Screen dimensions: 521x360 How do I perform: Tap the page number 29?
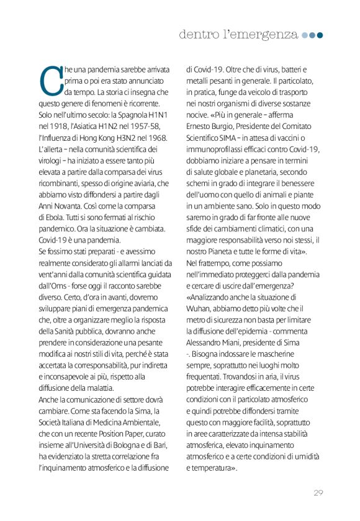pos(318,493)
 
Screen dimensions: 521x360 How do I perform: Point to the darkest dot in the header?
pos(320,35)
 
